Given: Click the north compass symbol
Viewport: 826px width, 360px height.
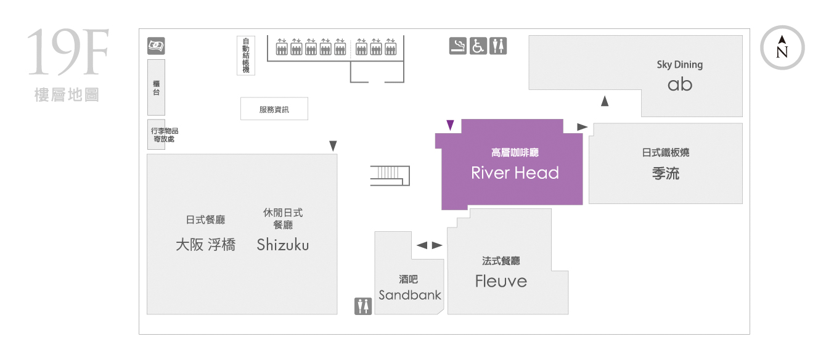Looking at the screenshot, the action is point(782,48).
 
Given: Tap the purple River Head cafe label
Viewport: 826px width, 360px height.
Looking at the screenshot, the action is point(515,173).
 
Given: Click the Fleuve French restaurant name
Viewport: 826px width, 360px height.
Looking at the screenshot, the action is point(501,281).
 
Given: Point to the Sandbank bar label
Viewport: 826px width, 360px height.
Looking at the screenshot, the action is point(410,295).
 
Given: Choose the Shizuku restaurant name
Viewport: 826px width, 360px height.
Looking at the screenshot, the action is point(283,245).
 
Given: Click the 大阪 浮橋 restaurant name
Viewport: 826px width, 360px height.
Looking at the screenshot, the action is point(205,245).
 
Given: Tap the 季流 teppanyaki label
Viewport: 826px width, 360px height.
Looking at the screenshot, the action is point(666,173).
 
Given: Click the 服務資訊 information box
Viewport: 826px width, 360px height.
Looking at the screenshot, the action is point(274,109).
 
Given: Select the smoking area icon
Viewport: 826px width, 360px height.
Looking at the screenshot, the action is point(457,46).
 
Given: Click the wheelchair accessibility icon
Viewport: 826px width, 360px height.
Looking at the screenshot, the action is point(478,46).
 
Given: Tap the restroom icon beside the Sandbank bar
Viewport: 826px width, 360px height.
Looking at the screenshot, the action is point(363,306).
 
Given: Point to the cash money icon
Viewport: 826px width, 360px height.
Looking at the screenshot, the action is point(156,46).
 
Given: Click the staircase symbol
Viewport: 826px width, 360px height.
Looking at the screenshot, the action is point(390,176).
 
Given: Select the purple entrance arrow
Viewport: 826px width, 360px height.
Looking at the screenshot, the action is point(450,125).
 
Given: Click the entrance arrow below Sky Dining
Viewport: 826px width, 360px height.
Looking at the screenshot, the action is point(604,101).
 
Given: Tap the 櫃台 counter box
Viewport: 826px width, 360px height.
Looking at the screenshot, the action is point(156,88).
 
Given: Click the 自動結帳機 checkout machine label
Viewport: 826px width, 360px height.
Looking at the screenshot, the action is point(245,55).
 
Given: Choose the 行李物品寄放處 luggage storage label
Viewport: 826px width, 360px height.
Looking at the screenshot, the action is point(165,134).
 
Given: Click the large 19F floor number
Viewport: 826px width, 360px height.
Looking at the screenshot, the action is point(68,52).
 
